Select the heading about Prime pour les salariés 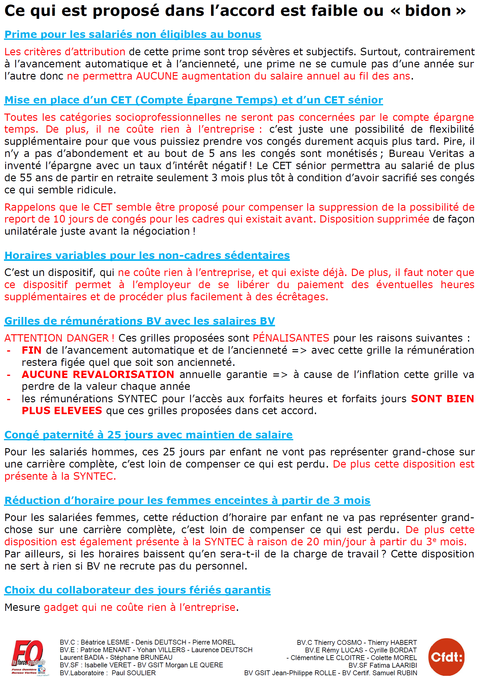(x=133, y=35)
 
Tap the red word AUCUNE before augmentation (x=157, y=76)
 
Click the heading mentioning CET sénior (x=193, y=100)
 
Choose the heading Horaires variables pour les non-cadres (x=147, y=256)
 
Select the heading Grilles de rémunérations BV (x=139, y=321)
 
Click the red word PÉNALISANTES (x=291, y=338)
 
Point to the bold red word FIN (x=32, y=350)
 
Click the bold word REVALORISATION (x=123, y=375)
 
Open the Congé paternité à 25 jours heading (x=148, y=435)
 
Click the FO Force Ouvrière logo (x=29, y=657)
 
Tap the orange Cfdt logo (x=446, y=657)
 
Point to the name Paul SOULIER (x=134, y=673)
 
